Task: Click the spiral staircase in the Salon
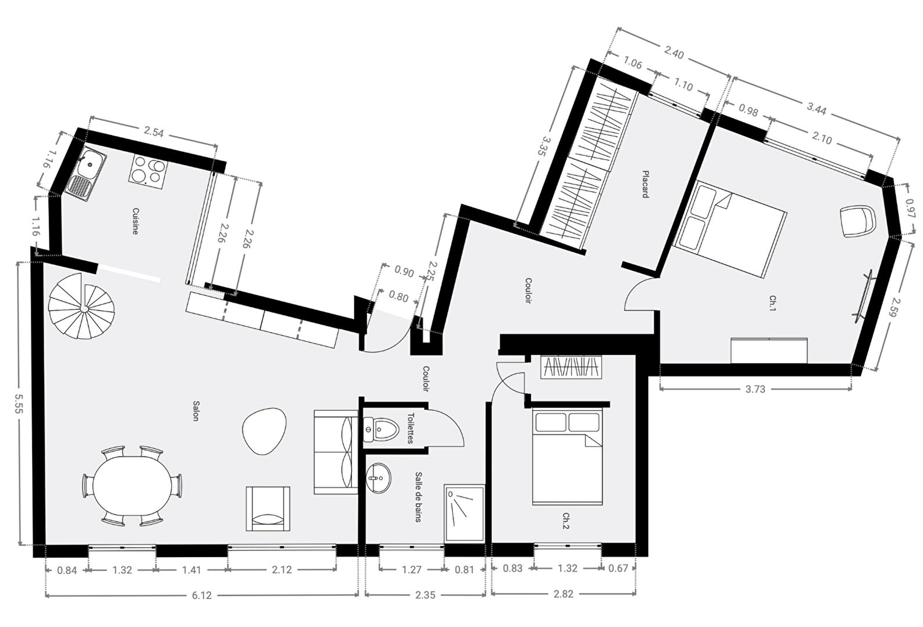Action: coord(82,307)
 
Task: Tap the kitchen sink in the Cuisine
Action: coord(86,174)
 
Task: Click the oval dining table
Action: coord(132,486)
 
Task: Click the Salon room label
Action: coord(196,411)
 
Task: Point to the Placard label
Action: coord(646,184)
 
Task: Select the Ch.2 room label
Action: coord(566,521)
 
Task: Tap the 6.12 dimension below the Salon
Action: coord(202,595)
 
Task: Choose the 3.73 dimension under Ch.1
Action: coord(755,389)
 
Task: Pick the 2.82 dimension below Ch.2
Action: coord(563,594)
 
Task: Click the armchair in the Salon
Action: coord(268,509)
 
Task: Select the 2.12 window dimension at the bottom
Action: coord(282,570)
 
